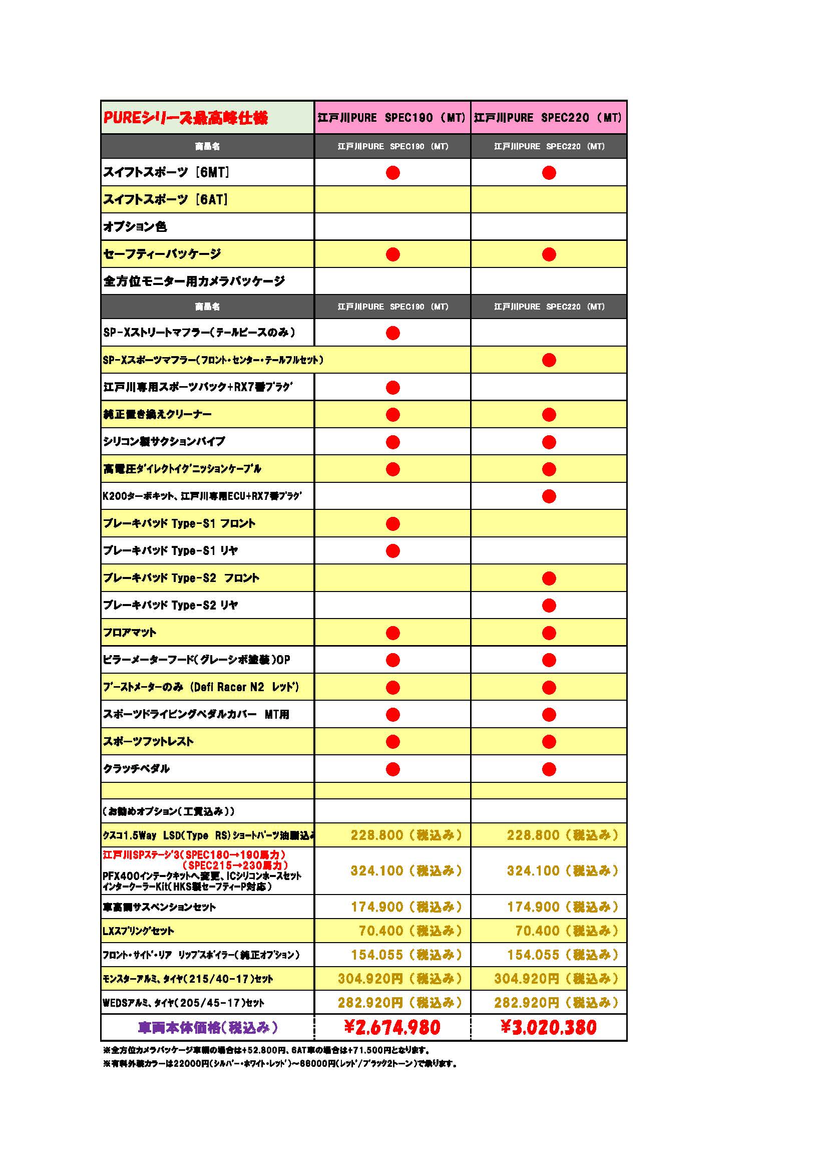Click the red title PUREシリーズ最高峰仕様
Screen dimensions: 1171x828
186,118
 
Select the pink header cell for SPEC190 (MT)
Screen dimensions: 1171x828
391,118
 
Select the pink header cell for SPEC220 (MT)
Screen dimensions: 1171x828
548,118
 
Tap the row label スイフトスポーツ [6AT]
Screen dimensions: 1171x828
166,199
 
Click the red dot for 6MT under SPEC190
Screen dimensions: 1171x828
392,173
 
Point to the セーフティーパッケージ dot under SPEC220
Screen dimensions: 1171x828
549,254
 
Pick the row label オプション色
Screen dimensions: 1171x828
135,226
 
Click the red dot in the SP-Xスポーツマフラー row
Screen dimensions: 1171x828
549,360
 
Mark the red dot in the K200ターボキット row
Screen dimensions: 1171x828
549,496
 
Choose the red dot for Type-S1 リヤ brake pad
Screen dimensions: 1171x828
392,551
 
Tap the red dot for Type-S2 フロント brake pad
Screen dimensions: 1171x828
549,578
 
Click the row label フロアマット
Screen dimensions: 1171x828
130,633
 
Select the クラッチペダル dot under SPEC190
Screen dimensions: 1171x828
392,769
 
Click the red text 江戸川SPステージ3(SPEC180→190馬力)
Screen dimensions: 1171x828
194,854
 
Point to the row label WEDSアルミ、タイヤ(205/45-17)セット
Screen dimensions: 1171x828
184,1003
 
